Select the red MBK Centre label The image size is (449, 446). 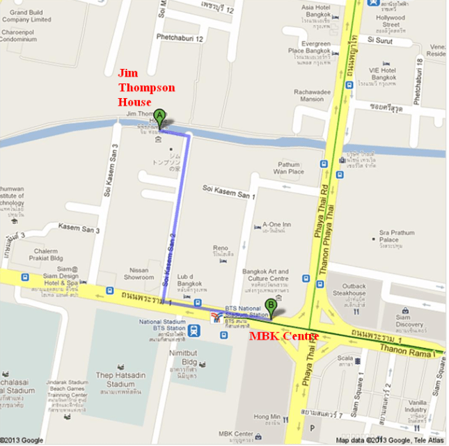point(284,337)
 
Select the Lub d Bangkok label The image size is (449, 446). point(189,280)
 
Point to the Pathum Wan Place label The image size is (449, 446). point(288,168)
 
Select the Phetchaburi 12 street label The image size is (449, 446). point(180,38)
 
